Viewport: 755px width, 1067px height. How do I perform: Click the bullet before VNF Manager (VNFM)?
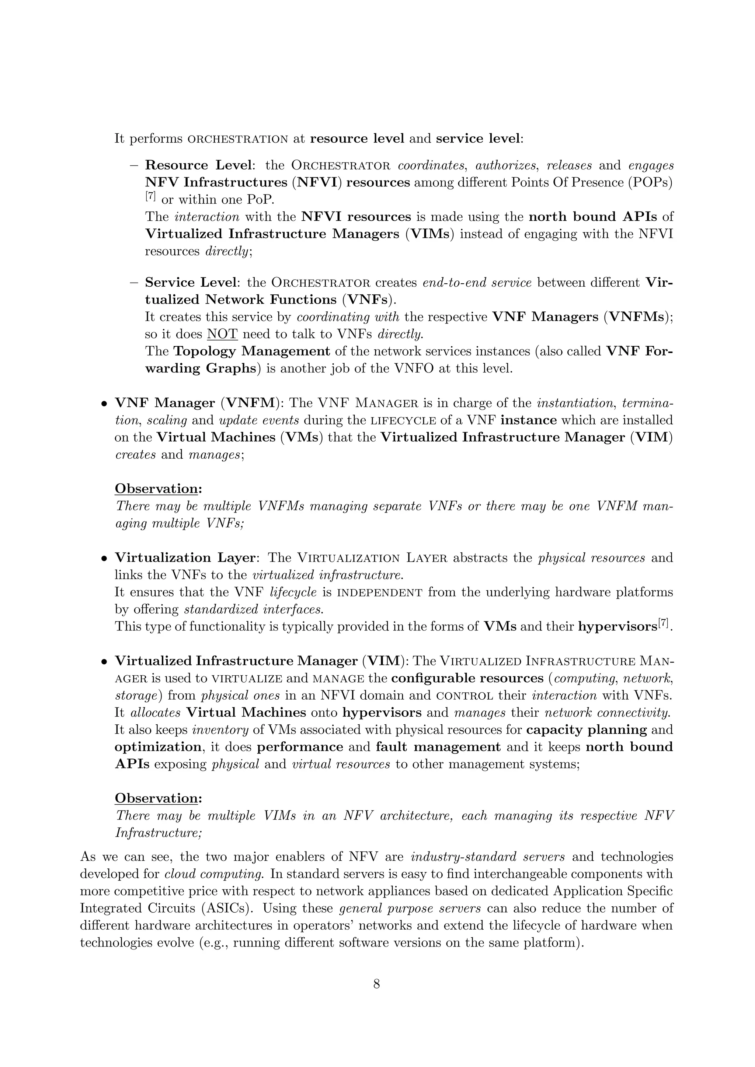(105, 403)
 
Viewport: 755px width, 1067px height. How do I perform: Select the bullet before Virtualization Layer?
(105, 558)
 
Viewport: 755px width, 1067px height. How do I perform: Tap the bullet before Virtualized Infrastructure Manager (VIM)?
(105, 661)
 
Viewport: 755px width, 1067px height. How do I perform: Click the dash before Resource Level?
(134, 165)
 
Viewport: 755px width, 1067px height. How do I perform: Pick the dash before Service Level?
(134, 283)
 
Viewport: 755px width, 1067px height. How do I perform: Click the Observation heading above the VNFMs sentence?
(158, 489)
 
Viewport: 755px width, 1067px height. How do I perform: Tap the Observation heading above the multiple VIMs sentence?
(158, 798)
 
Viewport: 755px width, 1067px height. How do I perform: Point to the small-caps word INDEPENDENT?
(379, 593)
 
